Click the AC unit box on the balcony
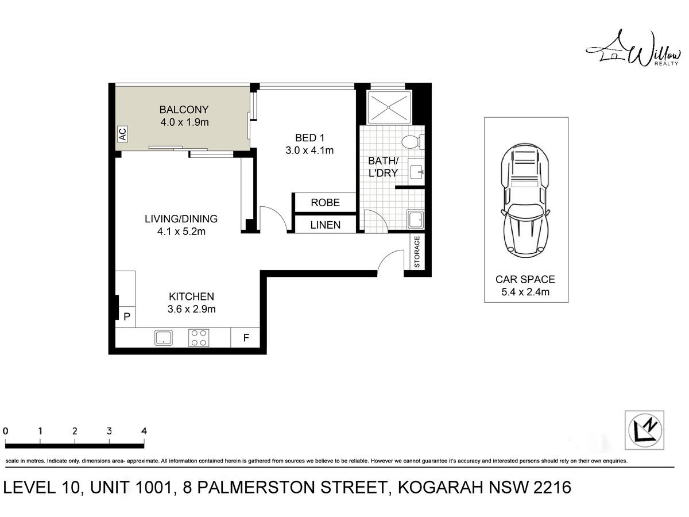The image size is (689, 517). [123, 134]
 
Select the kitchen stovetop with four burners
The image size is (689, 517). [199, 337]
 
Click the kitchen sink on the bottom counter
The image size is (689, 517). [164, 337]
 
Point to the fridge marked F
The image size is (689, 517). [246, 337]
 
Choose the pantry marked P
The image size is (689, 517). [126, 317]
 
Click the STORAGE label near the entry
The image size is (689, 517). [417, 252]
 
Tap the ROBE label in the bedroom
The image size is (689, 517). [325, 202]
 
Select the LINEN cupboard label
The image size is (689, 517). [325, 225]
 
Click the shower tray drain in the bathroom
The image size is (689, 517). [389, 107]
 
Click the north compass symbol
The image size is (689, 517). [645, 430]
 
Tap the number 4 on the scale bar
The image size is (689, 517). [144, 431]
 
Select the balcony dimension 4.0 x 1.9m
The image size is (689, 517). [184, 122]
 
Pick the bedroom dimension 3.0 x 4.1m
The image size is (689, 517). [309, 151]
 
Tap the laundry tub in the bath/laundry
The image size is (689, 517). [416, 219]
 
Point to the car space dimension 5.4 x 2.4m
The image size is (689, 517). [525, 292]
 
